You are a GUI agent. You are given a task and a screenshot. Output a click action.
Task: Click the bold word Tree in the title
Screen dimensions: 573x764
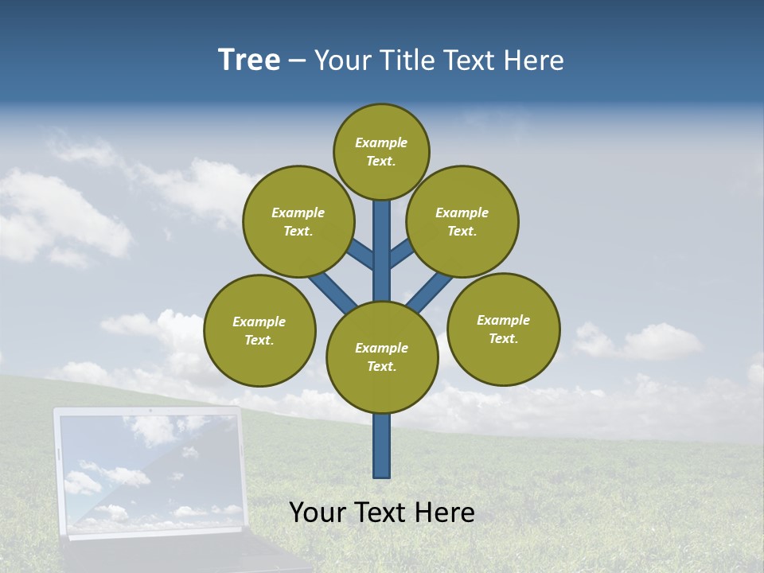249,60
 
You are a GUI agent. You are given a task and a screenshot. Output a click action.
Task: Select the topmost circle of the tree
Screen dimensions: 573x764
381,151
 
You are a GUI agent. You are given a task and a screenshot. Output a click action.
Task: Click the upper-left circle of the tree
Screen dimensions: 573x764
298,221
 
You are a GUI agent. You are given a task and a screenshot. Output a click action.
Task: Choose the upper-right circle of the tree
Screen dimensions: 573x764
462,221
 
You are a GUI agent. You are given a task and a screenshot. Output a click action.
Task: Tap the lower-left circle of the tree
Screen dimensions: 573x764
259,330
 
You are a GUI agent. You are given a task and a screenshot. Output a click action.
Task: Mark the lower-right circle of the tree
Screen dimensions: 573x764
503,329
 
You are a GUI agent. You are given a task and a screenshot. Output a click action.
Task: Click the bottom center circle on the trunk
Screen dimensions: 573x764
382,357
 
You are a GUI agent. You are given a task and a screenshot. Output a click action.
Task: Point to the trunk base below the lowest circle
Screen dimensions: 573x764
382,446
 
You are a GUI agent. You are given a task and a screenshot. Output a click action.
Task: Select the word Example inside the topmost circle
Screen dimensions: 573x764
381,143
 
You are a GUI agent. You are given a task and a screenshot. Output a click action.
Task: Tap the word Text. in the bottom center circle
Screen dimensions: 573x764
381,367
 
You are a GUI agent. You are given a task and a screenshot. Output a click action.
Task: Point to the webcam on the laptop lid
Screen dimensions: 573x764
150,411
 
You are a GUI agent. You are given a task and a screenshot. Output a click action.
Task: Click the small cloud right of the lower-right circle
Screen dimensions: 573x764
637,342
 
